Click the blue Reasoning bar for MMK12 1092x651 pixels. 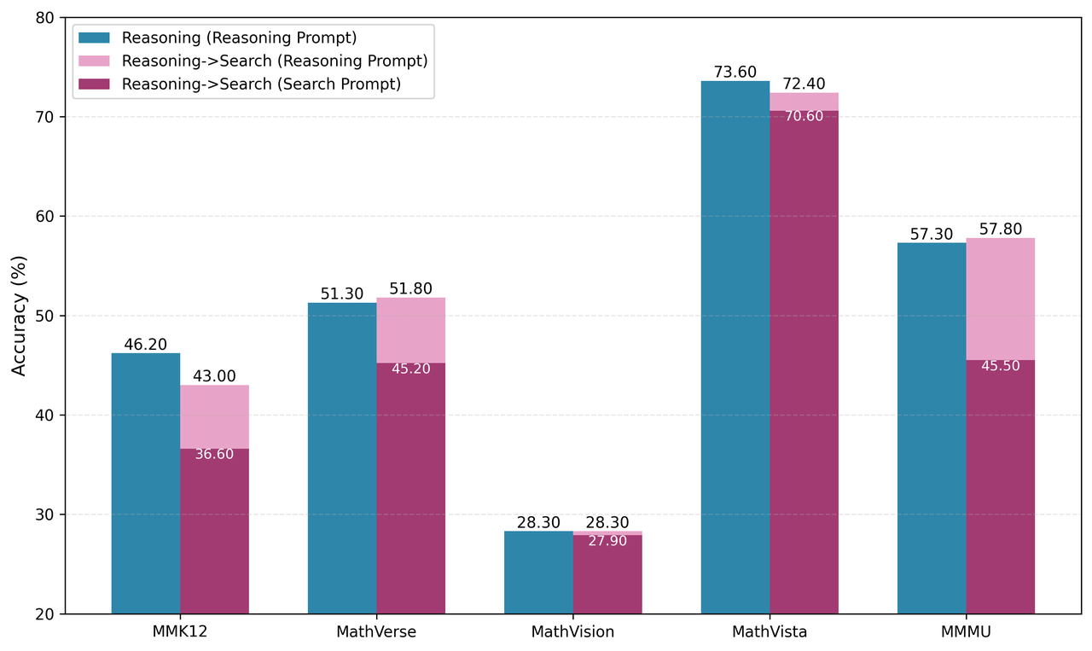point(146,483)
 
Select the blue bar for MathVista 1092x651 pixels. point(735,347)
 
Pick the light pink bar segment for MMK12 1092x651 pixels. point(214,416)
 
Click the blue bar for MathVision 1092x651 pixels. point(538,572)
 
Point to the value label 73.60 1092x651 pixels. point(735,73)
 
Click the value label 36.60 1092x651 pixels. point(214,455)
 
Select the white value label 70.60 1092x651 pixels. point(804,116)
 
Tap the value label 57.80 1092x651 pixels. point(1000,230)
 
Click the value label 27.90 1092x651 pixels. point(607,541)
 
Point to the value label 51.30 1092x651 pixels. point(342,294)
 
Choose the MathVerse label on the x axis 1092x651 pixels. point(376,632)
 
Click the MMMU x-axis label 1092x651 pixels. point(966,632)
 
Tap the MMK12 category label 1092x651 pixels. point(180,632)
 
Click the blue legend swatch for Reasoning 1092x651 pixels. point(94,38)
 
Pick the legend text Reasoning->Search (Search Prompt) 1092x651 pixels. point(261,84)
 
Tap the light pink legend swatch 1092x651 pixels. point(94,61)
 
